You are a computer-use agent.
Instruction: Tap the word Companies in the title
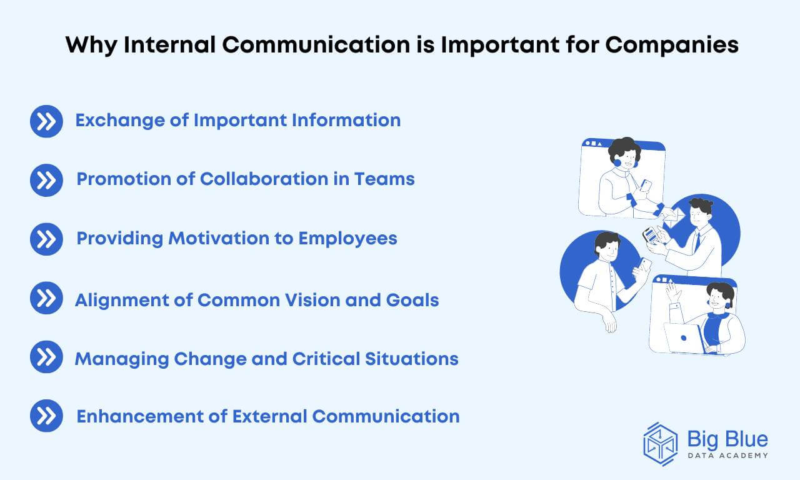[672, 46]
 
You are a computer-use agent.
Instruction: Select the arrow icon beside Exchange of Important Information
[46, 121]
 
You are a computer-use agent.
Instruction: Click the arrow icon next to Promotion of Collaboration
[46, 180]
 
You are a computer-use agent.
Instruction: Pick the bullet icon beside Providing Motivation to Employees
[46, 239]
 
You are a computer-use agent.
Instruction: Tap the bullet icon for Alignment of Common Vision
[46, 298]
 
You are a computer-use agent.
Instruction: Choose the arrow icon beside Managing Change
[46, 357]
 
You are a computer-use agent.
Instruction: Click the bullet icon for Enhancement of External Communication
[46, 416]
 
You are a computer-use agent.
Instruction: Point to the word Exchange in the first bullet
[120, 121]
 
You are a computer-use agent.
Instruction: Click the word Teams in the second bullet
[384, 179]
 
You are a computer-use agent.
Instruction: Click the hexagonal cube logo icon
[660, 444]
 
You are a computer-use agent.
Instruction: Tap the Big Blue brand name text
[727, 439]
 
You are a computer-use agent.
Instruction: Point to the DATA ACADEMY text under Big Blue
[727, 456]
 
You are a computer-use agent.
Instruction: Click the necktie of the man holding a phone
[697, 241]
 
